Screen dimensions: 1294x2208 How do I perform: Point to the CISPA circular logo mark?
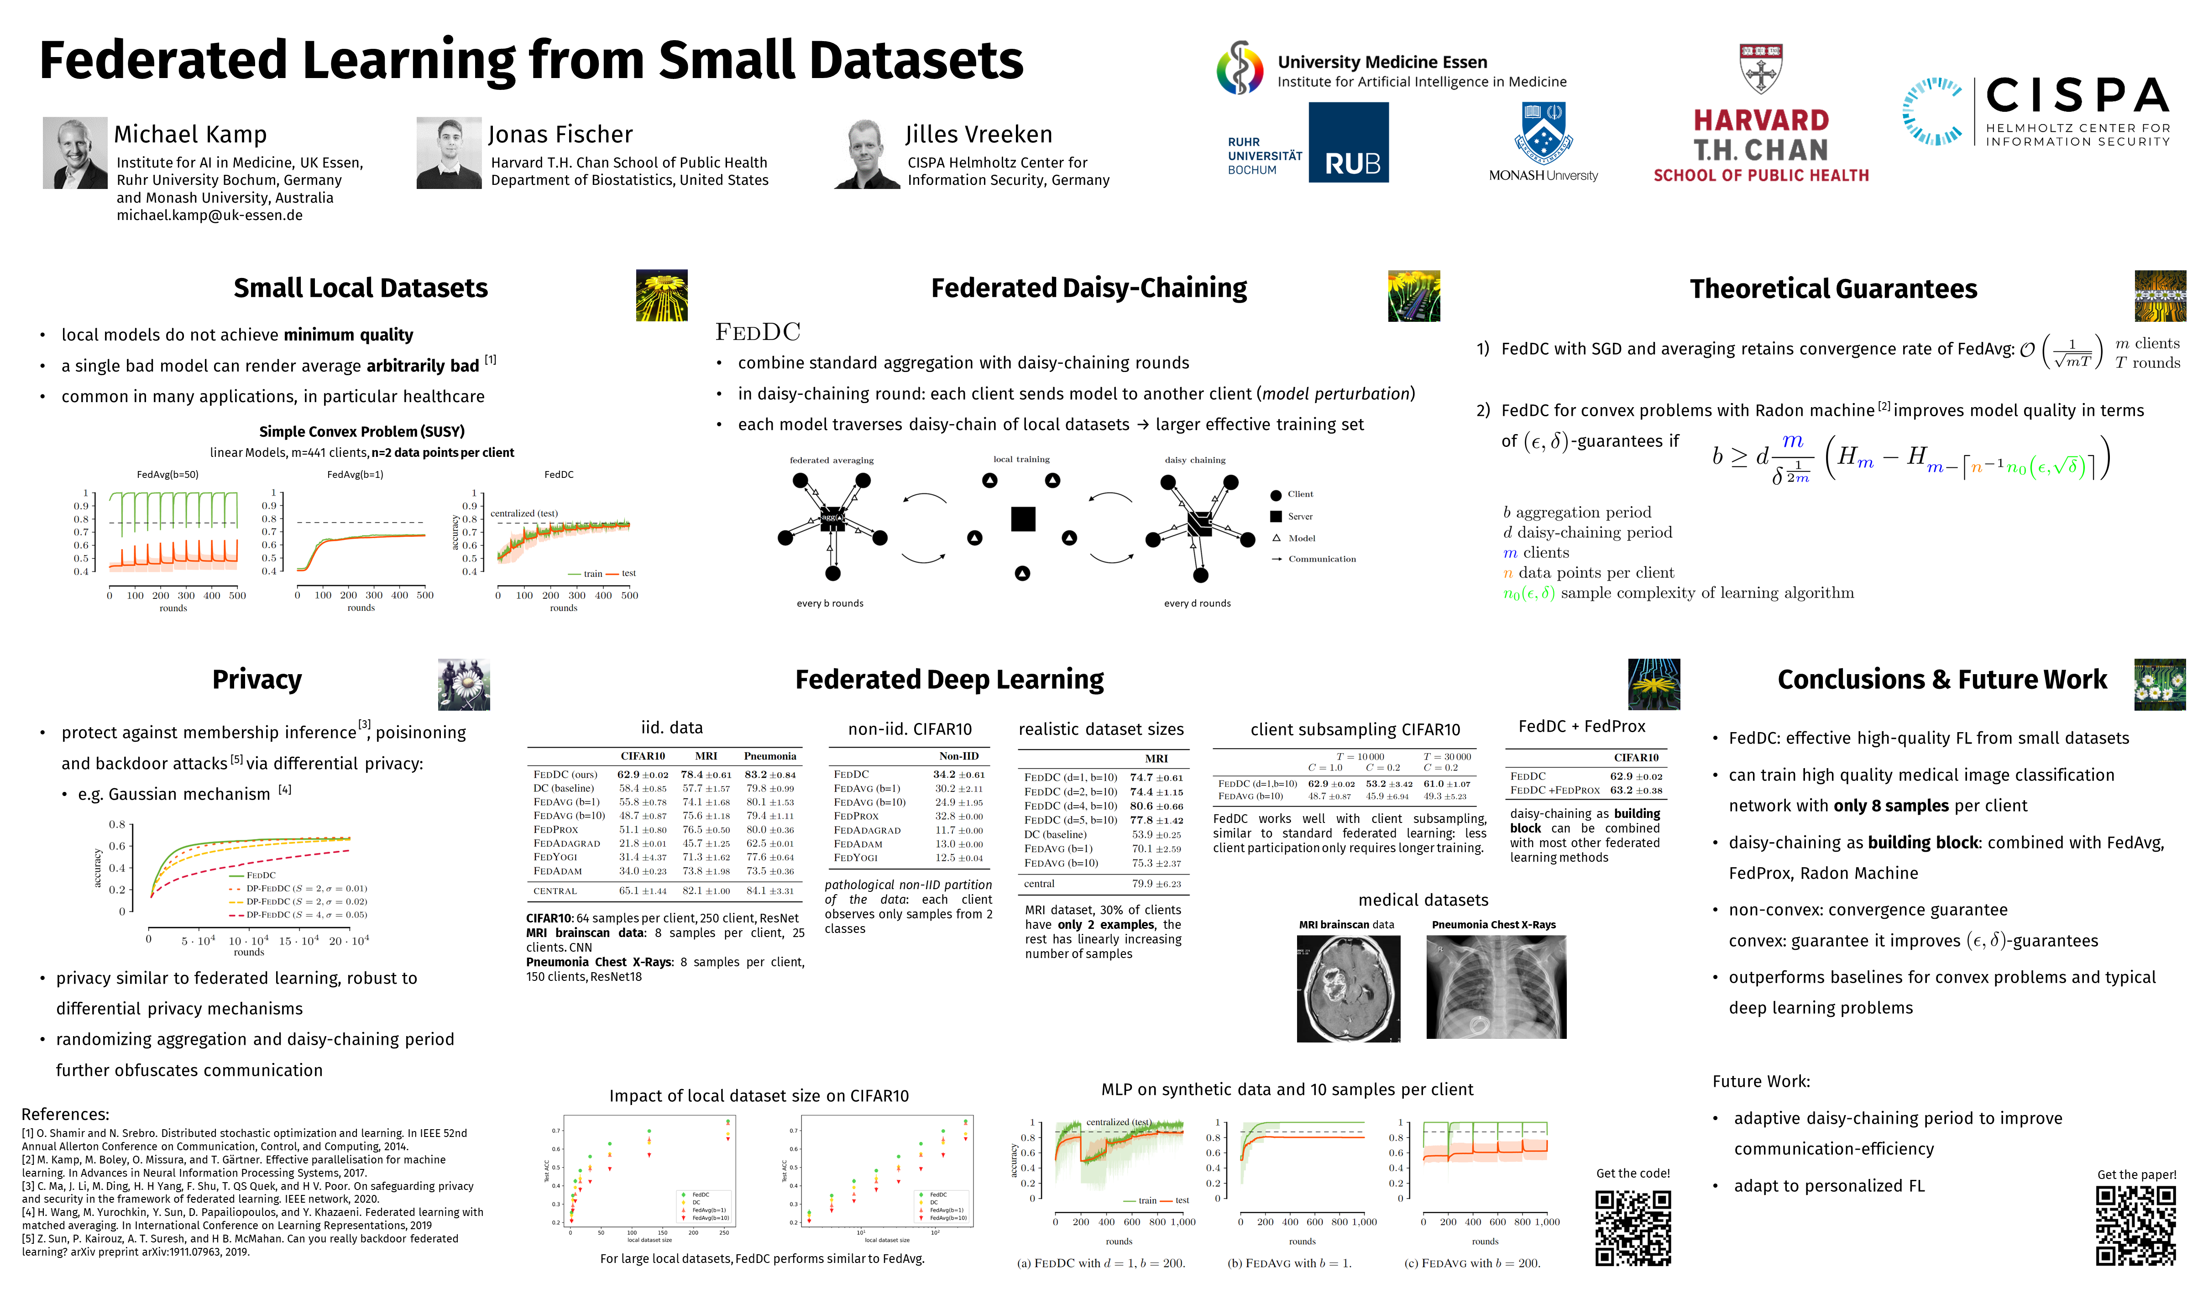(1932, 111)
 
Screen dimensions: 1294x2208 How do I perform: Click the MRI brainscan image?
(1348, 988)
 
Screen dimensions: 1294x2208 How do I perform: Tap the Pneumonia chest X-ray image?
(1496, 987)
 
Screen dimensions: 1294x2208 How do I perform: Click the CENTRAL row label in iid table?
(555, 891)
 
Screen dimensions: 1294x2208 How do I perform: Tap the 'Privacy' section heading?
(257, 680)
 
